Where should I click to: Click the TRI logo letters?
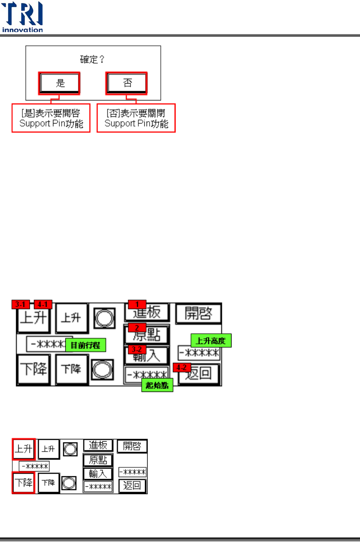point(22,14)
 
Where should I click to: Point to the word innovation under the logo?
point(22,30)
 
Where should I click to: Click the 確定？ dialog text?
point(93,59)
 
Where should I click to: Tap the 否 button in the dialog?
point(127,83)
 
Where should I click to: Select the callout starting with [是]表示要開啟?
point(51,118)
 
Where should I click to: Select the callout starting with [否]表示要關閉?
point(136,118)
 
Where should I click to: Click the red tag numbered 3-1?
point(21,304)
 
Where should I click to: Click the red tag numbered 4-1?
point(43,304)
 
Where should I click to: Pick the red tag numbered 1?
point(137,304)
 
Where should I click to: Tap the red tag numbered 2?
point(137,328)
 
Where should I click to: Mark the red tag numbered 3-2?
point(137,349)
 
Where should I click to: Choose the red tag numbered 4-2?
point(182,367)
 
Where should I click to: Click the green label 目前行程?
point(85,345)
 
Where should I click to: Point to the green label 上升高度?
point(211,340)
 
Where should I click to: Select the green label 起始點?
point(157,385)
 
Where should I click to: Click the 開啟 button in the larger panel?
point(198,314)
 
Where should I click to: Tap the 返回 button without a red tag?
point(132,486)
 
